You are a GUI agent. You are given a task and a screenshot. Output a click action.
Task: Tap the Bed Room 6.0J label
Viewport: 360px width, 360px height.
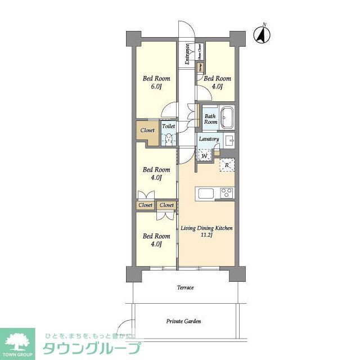(156, 83)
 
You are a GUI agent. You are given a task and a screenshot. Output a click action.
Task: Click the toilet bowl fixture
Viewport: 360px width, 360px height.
(169, 139)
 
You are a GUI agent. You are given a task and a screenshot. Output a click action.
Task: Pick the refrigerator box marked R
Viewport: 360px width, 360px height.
(227, 164)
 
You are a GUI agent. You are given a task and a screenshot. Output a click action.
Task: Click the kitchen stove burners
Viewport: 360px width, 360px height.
(227, 193)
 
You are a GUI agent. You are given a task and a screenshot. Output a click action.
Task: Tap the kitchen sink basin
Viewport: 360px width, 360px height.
(204, 193)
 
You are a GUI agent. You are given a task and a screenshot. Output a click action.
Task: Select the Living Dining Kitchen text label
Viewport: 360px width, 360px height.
(206, 232)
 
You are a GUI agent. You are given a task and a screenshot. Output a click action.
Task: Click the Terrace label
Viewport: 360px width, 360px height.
(186, 287)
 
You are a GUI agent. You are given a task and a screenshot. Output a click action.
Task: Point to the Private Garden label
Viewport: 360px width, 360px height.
(183, 321)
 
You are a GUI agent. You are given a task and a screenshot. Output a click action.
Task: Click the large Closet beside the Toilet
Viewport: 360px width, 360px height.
(147, 130)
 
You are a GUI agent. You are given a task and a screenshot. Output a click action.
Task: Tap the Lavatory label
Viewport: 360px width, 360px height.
(209, 138)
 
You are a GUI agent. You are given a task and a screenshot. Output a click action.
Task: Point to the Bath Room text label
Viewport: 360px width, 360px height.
(210, 119)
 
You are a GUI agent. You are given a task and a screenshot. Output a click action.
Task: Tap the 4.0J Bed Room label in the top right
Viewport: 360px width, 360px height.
(217, 83)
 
